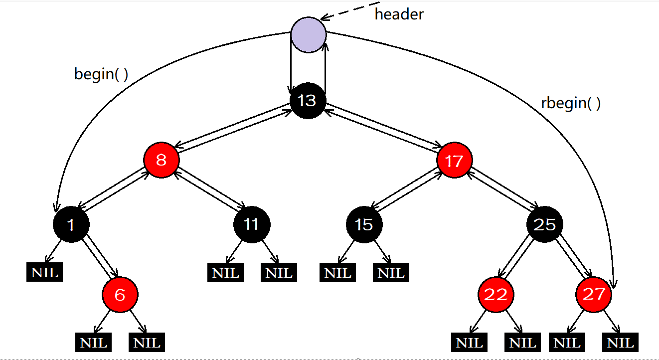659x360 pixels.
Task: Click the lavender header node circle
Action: pyautogui.click(x=309, y=35)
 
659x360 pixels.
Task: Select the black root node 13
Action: pyautogui.click(x=308, y=101)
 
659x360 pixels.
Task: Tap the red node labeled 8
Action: pyautogui.click(x=162, y=161)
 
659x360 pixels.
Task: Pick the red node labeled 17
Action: pyautogui.click(x=454, y=161)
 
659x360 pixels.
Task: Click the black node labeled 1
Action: pyautogui.click(x=71, y=224)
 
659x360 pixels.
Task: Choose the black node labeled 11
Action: pyautogui.click(x=251, y=224)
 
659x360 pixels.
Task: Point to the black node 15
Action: pyautogui.click(x=364, y=224)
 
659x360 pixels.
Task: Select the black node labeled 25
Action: pyautogui.click(x=545, y=224)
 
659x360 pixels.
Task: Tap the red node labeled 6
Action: pyautogui.click(x=120, y=295)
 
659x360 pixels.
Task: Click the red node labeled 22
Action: pyautogui.click(x=496, y=295)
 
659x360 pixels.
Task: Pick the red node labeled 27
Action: pyautogui.click(x=593, y=295)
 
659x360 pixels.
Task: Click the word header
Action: pyautogui.click(x=399, y=14)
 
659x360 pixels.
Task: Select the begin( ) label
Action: pyautogui.click(x=101, y=74)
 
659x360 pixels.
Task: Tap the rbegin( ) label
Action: pyautogui.click(x=571, y=103)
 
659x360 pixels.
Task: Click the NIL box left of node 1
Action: pyautogui.click(x=45, y=273)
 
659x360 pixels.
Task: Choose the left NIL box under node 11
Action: pyautogui.click(x=226, y=273)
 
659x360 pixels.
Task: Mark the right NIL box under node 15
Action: pyautogui.click(x=391, y=273)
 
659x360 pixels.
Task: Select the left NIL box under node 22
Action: pyautogui.click(x=470, y=343)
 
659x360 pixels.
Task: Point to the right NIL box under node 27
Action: pyautogui.click(x=621, y=343)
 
